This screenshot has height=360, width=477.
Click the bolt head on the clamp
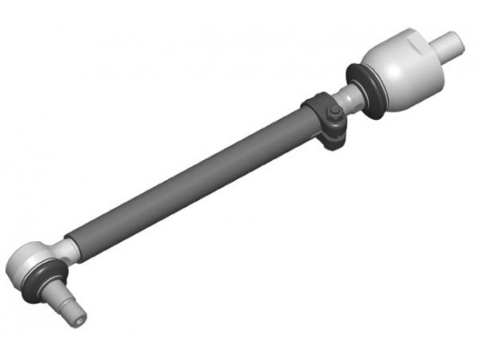pyautogui.click(x=333, y=113)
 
